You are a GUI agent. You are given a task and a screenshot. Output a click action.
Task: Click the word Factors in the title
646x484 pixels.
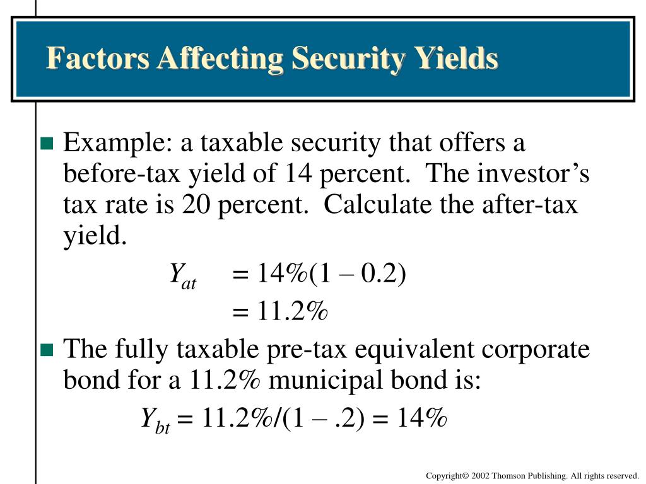[98, 59]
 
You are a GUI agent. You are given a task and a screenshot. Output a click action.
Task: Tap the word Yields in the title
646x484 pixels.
[456, 59]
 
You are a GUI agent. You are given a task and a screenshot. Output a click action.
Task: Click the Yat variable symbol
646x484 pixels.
[182, 276]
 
